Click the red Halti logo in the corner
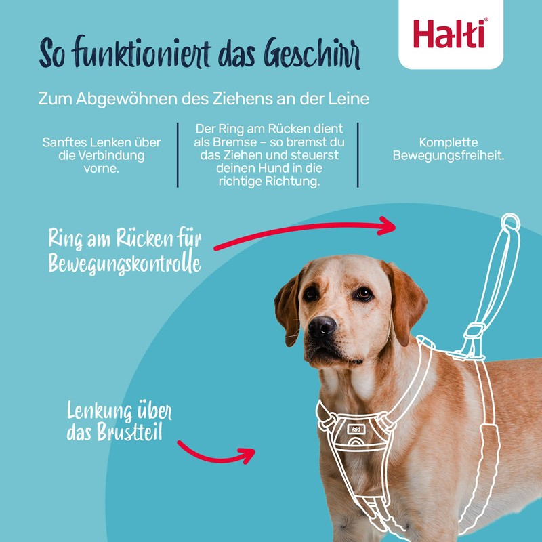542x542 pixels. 450,33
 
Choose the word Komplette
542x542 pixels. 449,143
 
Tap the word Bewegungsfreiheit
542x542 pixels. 449,157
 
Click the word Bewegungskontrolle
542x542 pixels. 125,262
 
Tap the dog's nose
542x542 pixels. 322,327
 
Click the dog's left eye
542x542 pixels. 364,294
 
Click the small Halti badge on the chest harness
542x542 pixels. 356,428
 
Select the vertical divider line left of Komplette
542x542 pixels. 358,154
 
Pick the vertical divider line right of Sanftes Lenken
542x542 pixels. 178,154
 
